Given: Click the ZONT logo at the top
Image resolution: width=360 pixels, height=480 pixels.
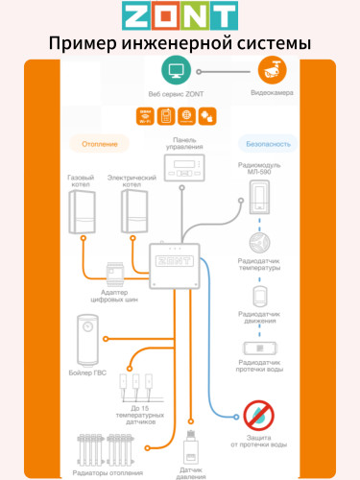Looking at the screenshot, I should point(180,15).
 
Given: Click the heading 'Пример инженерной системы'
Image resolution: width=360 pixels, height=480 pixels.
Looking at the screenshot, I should point(180,44).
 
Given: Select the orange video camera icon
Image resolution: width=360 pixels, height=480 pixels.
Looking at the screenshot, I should point(271,70).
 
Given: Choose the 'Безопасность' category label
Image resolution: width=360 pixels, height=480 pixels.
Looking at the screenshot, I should point(264,144).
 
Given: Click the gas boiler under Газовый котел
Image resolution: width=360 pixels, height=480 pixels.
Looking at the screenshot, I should point(83,212).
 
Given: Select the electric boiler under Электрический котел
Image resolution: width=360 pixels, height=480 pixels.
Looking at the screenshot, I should point(132,212).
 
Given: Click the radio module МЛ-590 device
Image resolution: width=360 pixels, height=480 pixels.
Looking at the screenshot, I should point(259,198).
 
